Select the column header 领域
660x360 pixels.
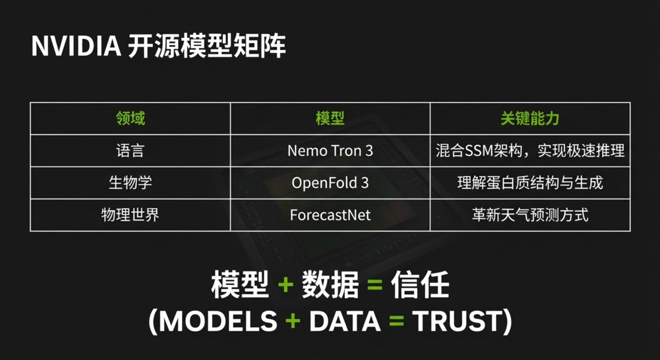click(x=130, y=118)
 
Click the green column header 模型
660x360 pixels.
click(x=330, y=118)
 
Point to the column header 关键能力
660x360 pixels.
click(x=530, y=118)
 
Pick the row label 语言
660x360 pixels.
click(x=130, y=151)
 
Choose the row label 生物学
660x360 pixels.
click(x=130, y=183)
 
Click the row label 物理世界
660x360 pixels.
click(x=130, y=215)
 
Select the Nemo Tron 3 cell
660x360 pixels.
click(x=330, y=151)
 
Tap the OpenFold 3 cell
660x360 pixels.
click(x=330, y=183)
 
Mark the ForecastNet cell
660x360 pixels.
click(x=330, y=215)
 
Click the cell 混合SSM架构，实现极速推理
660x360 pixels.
click(x=530, y=151)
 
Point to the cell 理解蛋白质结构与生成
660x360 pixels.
click(x=530, y=183)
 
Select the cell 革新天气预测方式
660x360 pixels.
click(x=530, y=215)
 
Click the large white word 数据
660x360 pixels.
click(x=330, y=285)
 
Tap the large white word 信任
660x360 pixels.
click(x=420, y=285)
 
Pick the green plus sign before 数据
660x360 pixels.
click(x=285, y=285)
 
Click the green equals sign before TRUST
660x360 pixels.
click(x=397, y=321)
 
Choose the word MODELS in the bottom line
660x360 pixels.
click(x=218, y=321)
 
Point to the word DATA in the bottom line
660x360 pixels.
click(x=345, y=321)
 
